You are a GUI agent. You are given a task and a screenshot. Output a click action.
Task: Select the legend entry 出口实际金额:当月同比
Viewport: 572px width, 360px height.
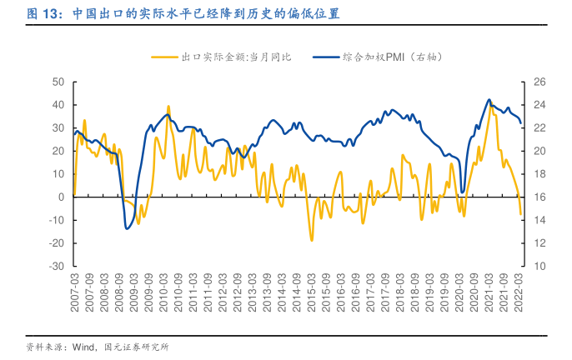(x=236, y=57)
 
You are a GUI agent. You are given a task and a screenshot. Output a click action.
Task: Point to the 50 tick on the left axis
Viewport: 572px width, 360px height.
(x=58, y=82)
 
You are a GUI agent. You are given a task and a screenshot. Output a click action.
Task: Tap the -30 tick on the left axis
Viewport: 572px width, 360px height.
(x=57, y=266)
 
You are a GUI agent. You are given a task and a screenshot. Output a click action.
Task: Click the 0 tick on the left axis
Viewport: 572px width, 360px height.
(x=62, y=197)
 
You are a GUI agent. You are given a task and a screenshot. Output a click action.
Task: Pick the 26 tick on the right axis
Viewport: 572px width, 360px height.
(x=539, y=82)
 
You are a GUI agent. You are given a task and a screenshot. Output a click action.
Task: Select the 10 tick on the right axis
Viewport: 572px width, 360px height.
(x=539, y=266)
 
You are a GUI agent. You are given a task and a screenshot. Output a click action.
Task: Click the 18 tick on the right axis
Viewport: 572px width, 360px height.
(x=539, y=173)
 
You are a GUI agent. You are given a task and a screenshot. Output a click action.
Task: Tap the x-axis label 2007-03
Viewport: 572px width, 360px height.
(x=73, y=292)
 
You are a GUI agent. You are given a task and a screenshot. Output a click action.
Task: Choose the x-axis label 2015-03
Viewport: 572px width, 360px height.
(x=312, y=292)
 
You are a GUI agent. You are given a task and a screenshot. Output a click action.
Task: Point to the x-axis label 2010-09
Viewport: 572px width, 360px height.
(x=178, y=292)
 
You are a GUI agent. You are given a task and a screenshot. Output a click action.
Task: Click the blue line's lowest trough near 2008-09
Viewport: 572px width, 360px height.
(x=127, y=229)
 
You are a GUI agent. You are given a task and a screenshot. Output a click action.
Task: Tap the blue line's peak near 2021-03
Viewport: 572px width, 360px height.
(x=489, y=100)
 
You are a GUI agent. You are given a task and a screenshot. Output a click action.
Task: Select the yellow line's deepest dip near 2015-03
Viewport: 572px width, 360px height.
(x=312, y=241)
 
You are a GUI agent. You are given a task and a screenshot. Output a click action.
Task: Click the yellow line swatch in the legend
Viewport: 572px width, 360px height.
(x=164, y=57)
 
